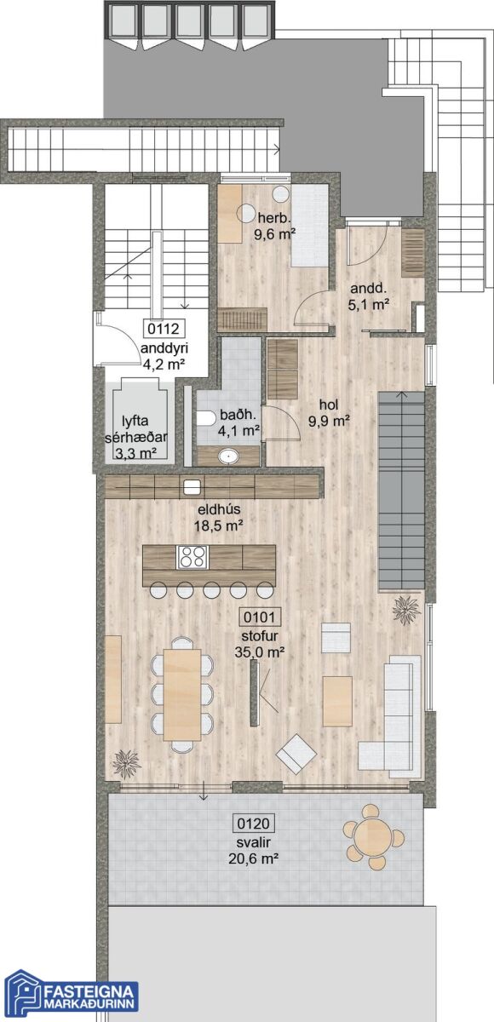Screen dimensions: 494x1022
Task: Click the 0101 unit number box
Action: [x=259, y=617]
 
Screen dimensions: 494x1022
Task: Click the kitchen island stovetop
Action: [x=192, y=557]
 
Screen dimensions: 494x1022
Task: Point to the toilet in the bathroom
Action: [x=208, y=418]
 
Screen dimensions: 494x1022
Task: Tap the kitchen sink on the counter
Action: [x=192, y=487]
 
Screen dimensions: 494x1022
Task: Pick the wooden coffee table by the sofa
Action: [x=337, y=701]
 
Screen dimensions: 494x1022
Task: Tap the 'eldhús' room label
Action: [x=218, y=509]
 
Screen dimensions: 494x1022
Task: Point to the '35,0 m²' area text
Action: [x=260, y=652]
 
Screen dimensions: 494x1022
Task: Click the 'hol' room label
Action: [x=329, y=404]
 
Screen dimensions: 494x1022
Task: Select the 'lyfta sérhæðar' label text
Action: [x=135, y=428]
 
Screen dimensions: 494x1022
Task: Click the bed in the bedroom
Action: [x=310, y=226]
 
